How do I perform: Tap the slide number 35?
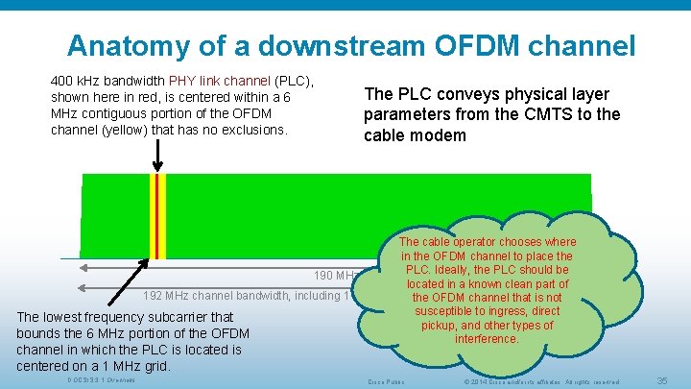pos(660,381)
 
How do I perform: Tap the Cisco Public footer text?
pos(387,381)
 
